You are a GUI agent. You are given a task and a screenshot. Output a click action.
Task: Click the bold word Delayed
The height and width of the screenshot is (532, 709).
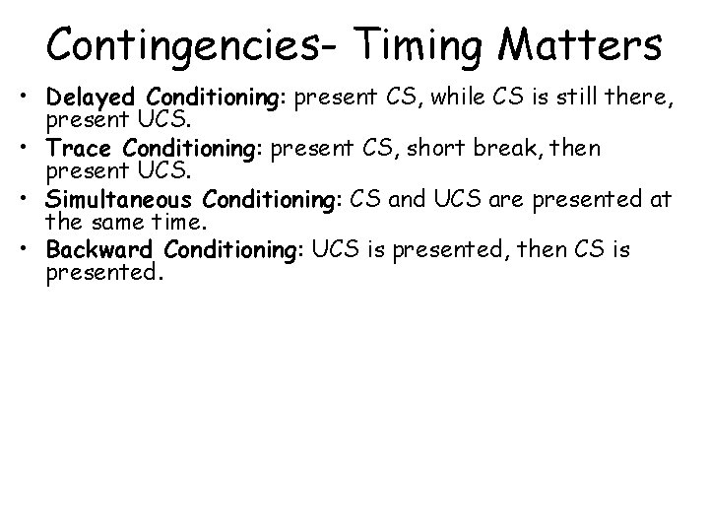(94, 98)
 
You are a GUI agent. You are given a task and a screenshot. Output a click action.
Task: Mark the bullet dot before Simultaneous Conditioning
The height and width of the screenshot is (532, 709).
(32, 200)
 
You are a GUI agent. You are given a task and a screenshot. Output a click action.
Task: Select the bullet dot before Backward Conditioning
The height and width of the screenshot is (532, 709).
(32, 250)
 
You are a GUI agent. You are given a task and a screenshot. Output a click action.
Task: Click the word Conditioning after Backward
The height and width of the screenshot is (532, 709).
(232, 248)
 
